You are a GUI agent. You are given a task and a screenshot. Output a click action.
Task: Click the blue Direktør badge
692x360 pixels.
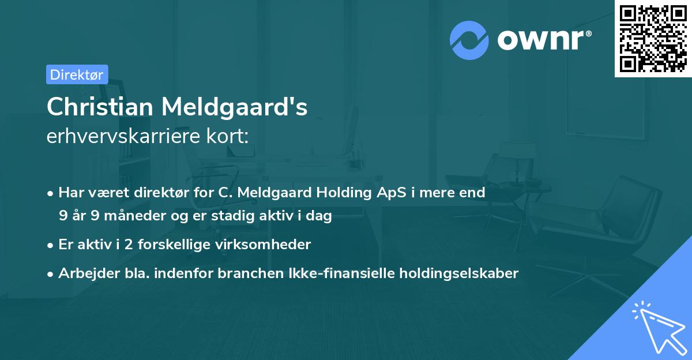77,74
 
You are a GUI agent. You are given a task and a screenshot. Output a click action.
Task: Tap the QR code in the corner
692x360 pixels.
653,38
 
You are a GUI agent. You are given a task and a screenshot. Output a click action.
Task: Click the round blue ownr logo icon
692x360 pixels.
469,40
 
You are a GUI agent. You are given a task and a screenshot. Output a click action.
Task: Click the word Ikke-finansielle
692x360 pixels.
340,273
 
